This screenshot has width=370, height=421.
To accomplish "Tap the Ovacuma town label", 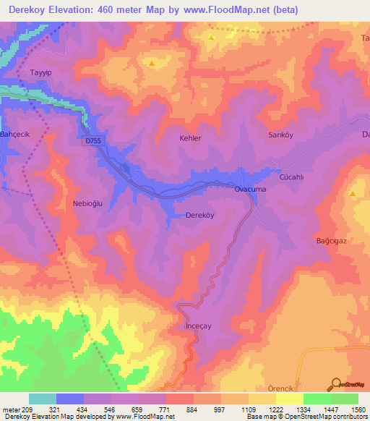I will click(249, 190).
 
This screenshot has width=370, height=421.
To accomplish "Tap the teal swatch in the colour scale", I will click(43, 399).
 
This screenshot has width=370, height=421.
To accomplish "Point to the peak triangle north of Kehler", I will click(152, 64).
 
